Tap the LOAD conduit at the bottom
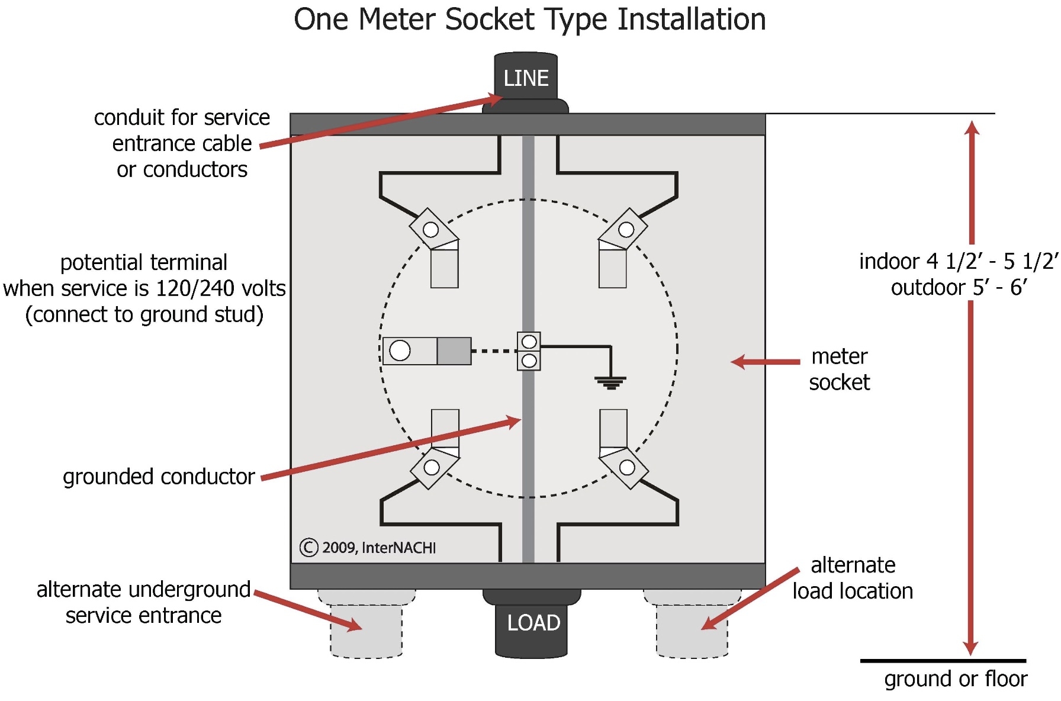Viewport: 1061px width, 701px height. point(532,625)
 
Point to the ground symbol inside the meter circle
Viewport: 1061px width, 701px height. point(610,382)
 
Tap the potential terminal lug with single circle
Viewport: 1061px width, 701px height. point(426,350)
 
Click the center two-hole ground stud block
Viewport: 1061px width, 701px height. point(529,351)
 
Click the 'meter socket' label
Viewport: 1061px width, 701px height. point(839,369)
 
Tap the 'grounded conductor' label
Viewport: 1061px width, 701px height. point(159,477)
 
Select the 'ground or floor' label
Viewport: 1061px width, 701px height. point(956,679)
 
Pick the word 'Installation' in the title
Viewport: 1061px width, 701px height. point(691,20)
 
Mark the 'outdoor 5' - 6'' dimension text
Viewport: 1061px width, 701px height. point(959,288)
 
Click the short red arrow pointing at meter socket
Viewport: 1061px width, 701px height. point(765,361)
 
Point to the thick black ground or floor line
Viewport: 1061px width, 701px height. point(943,661)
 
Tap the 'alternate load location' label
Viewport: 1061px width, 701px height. point(853,578)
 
